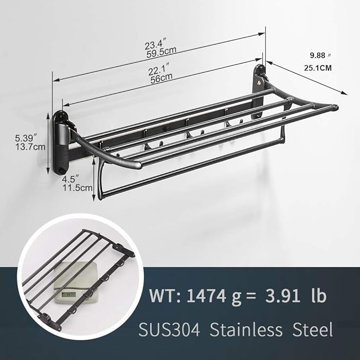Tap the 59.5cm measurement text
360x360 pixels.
pos(162,50)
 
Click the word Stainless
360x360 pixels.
pos(243,330)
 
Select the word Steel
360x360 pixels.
pos(313,330)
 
